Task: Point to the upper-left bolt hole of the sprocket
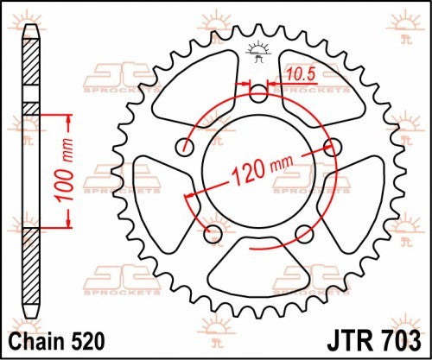point(184,146)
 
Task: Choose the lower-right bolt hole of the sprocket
point(304,232)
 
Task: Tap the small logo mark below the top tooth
point(257,50)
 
